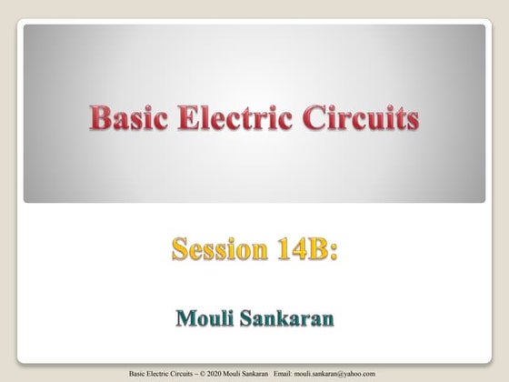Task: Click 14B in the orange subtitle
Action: [x=304, y=248]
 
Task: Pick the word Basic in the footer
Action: [x=140, y=373]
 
